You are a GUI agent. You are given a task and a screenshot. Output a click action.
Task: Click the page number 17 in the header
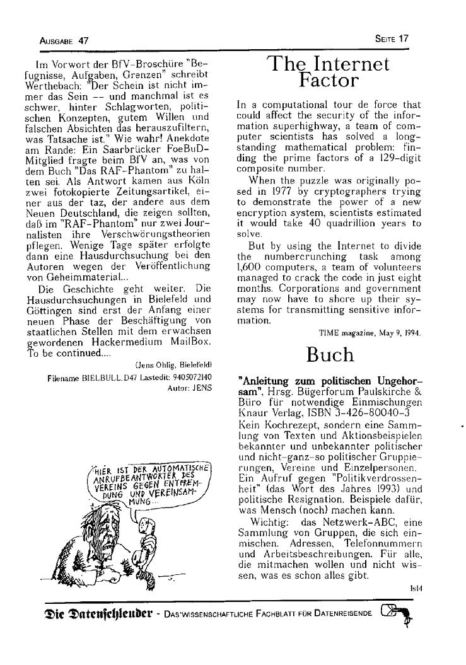[x=404, y=38]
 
